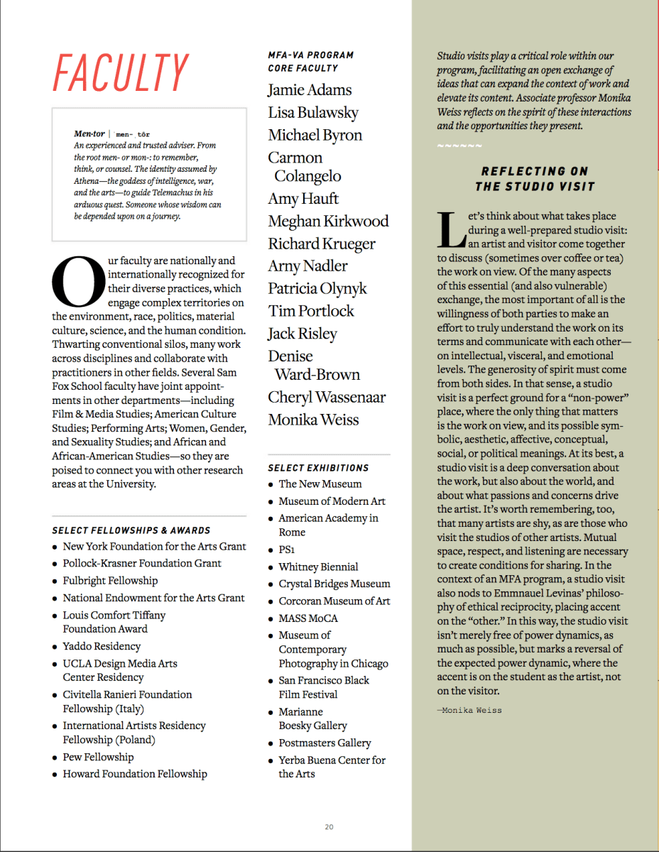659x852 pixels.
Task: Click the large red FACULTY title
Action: click(x=120, y=72)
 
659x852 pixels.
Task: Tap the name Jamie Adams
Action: click(x=310, y=90)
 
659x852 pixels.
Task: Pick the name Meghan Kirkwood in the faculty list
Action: click(x=328, y=222)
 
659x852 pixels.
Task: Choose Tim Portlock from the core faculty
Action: click(x=310, y=311)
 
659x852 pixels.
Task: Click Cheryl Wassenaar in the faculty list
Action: click(x=327, y=398)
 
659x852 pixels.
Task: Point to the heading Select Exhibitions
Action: click(x=318, y=468)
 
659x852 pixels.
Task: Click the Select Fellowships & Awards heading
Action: click(x=131, y=530)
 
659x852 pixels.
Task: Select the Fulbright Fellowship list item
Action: click(x=110, y=581)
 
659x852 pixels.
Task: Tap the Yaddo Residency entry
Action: click(x=102, y=646)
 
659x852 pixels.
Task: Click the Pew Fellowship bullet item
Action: click(x=98, y=757)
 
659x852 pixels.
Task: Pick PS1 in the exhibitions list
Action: click(x=287, y=550)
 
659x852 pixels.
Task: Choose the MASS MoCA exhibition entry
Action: click(x=308, y=618)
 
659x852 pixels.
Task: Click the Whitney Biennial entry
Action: click(x=318, y=567)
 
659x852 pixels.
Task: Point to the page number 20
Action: click(x=329, y=826)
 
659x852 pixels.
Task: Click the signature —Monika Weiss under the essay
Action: click(x=469, y=710)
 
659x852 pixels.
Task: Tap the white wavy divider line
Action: click(x=459, y=147)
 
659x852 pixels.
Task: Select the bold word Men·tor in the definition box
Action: click(x=89, y=133)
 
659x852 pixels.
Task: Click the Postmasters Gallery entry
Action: click(x=325, y=743)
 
